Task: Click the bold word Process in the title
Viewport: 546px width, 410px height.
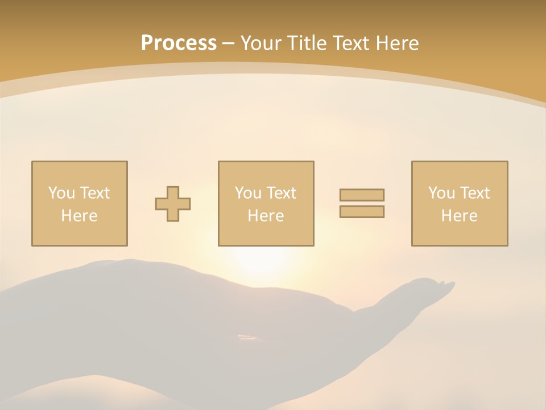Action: coord(179,43)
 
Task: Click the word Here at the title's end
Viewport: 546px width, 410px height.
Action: coord(396,43)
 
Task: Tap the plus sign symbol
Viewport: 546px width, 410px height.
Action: coord(173,204)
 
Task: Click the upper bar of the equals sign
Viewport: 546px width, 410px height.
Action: coord(362,195)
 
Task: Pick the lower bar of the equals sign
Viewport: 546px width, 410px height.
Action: coord(362,212)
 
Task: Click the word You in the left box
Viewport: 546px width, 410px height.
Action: coord(61,193)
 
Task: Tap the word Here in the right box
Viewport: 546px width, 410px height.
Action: coord(459,216)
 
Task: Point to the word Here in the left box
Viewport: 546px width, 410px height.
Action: coord(79,216)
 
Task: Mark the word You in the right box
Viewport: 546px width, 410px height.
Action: coord(441,193)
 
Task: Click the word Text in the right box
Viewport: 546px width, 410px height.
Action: coord(475,193)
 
